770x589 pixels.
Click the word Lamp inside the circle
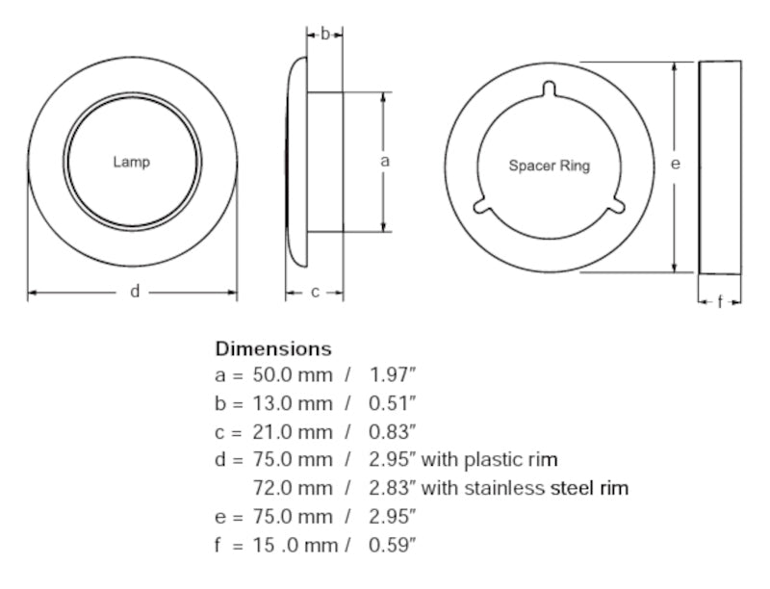click(132, 162)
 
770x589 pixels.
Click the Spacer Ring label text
click(550, 166)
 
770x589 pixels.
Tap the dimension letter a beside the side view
click(385, 162)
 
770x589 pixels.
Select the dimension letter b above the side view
click(325, 34)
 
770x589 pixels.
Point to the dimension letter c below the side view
click(315, 293)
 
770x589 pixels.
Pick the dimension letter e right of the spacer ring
click(676, 165)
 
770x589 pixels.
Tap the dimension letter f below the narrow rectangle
click(720, 302)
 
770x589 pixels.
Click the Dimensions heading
click(273, 348)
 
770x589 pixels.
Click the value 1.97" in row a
click(393, 376)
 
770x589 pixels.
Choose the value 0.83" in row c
click(393, 432)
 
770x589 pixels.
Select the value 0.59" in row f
click(393, 546)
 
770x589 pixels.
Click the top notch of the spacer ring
click(549, 90)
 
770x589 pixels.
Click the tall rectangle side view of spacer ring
click(720, 166)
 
